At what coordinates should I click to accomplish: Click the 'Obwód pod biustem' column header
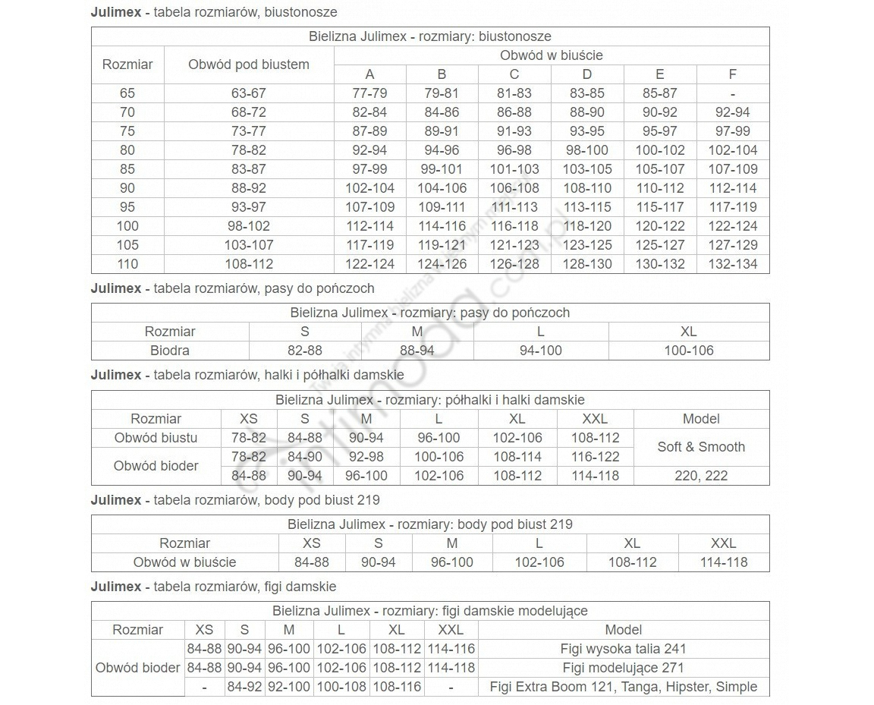[249, 65]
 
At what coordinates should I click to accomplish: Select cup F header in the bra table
[732, 74]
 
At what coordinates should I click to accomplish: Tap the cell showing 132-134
[732, 264]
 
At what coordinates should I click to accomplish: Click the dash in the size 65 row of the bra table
[732, 93]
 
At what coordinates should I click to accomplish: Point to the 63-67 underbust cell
[249, 93]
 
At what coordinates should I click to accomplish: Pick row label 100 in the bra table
[127, 226]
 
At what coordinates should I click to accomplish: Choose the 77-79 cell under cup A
[369, 93]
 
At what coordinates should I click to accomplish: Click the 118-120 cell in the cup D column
[587, 226]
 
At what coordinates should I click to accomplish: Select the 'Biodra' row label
[170, 351]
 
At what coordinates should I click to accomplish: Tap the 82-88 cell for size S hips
[305, 351]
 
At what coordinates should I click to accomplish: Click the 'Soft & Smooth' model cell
[701, 447]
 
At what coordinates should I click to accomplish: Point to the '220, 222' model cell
[701, 476]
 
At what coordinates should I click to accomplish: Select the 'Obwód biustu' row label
[156, 438]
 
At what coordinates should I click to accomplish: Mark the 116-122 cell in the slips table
[596, 457]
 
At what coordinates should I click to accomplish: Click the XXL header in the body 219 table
[723, 543]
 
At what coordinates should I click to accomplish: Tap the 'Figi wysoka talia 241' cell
[624, 649]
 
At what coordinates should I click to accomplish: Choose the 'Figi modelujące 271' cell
[624, 668]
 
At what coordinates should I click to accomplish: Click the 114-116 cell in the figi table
[451, 649]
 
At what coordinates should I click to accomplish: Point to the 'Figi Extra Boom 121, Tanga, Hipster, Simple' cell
[624, 687]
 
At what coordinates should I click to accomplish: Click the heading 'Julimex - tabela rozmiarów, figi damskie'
[213, 587]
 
